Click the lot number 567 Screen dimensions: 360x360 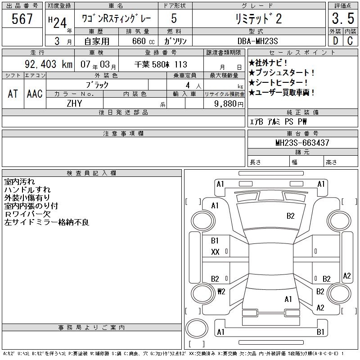(x=22, y=18)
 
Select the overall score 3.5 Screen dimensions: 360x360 (x=343, y=18)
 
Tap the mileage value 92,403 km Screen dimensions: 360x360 (x=49, y=64)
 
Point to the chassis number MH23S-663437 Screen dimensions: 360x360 (x=302, y=143)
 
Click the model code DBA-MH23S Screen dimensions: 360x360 (x=257, y=41)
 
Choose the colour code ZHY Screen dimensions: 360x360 (x=74, y=103)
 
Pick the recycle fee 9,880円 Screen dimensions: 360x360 (x=229, y=104)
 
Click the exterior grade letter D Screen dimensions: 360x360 (x=336, y=41)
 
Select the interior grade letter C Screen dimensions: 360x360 (x=350, y=41)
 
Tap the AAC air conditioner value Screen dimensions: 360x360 (x=35, y=94)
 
